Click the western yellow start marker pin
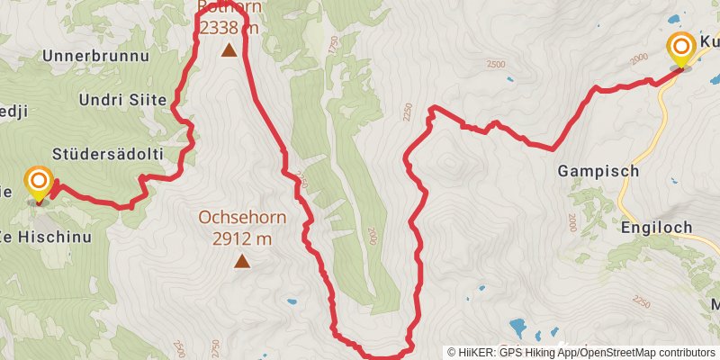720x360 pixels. point(39,184)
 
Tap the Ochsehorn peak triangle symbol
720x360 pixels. point(241,262)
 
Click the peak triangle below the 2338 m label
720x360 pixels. point(230,51)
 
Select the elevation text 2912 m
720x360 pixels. point(242,238)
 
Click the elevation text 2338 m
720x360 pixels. point(229,28)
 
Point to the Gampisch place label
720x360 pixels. point(598,170)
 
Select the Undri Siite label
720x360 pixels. point(121,99)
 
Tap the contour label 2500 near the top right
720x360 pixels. point(493,66)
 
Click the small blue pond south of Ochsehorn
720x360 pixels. point(290,301)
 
